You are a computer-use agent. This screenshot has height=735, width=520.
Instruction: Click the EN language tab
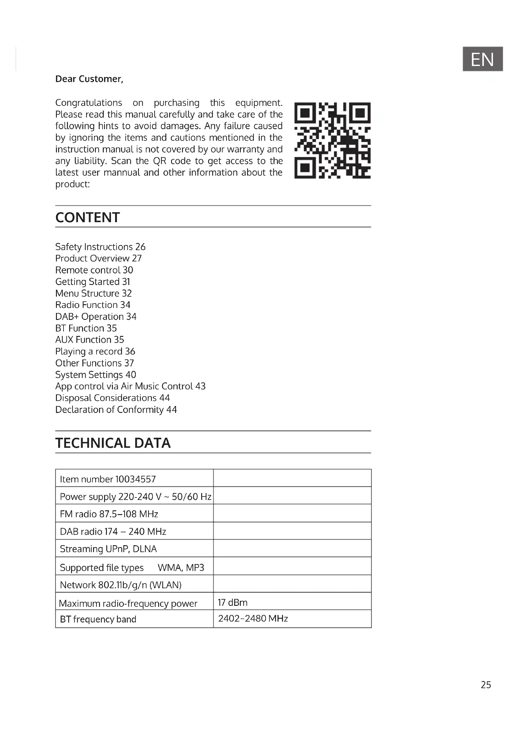click(x=482, y=59)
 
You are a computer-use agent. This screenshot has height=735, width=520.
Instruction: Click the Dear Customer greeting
click(x=89, y=79)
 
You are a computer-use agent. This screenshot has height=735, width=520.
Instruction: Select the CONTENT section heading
click(x=87, y=217)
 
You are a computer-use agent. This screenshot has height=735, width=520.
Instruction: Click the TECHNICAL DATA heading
click(x=113, y=443)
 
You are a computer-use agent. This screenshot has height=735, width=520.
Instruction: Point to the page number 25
click(x=486, y=684)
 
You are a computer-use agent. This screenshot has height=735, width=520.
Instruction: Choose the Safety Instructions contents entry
click(x=100, y=247)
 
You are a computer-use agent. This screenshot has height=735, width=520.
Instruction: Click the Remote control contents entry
click(x=94, y=270)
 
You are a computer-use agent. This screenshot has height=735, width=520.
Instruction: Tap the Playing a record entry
click(x=95, y=351)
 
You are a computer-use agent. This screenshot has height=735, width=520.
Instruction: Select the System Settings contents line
click(x=96, y=375)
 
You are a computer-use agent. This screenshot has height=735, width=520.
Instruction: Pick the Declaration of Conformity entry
click(x=116, y=409)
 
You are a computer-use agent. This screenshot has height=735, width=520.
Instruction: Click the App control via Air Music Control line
click(x=130, y=386)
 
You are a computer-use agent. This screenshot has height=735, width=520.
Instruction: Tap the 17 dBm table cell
click(x=232, y=602)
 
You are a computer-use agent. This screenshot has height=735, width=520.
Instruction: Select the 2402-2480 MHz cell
click(x=253, y=618)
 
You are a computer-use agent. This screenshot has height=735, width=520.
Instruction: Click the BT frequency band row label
click(x=98, y=619)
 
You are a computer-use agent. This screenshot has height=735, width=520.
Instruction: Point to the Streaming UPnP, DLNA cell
click(x=108, y=549)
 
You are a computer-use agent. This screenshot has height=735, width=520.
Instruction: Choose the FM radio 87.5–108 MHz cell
click(x=109, y=514)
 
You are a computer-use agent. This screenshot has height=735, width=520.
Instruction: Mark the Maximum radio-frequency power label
click(x=128, y=603)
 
